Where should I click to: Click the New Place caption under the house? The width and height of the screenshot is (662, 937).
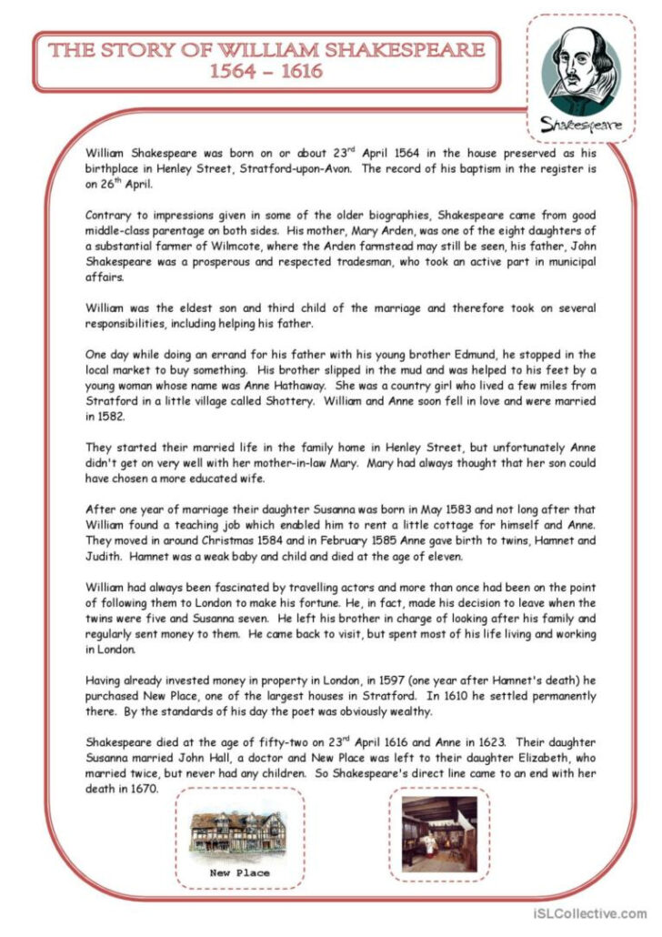pyautogui.click(x=239, y=872)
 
